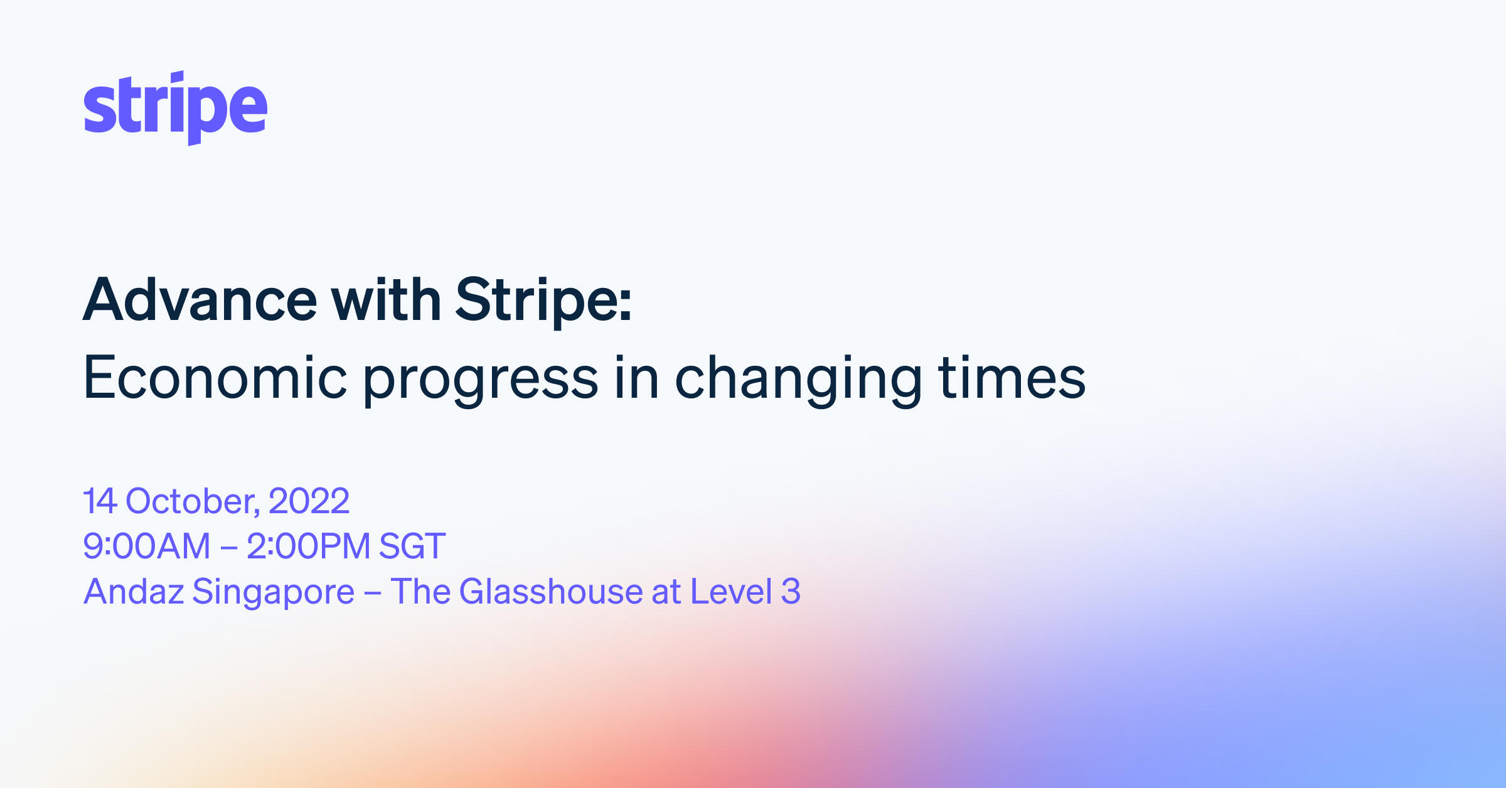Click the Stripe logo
(x=175, y=108)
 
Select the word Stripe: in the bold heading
(x=543, y=301)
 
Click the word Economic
(x=215, y=378)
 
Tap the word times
(x=1012, y=378)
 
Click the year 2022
(x=309, y=501)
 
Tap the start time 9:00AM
(x=147, y=546)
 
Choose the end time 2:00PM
(x=308, y=546)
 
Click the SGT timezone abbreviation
(x=412, y=546)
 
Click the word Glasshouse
(x=551, y=592)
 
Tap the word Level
(x=731, y=592)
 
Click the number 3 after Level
(x=791, y=592)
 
